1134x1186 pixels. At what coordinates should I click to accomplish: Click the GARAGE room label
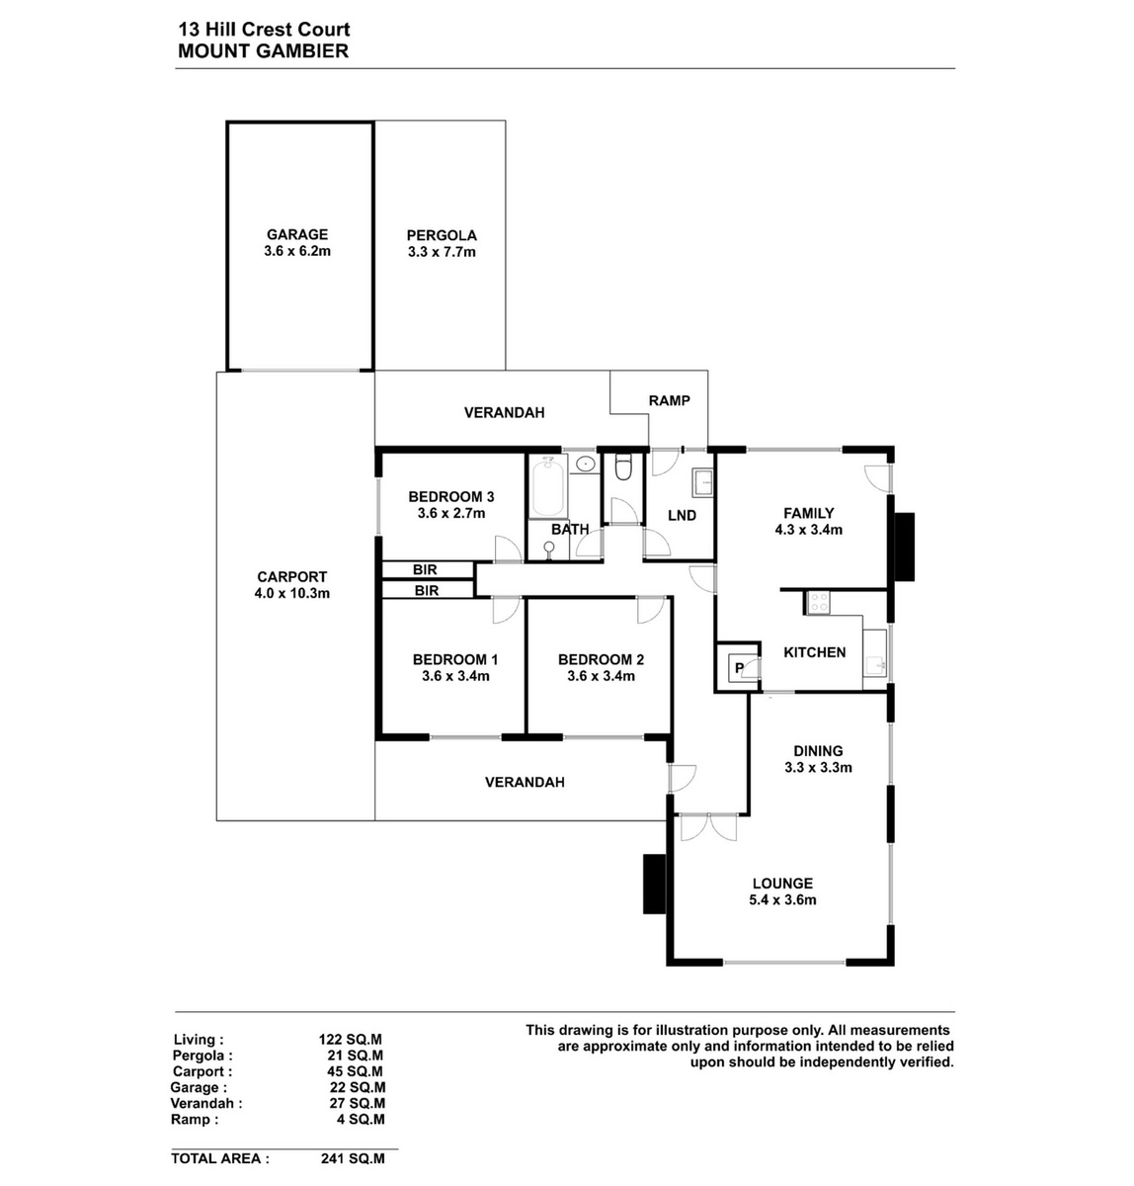(297, 234)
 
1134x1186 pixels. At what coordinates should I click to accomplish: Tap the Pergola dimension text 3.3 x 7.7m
(442, 252)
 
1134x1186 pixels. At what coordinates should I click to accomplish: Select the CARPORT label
(291, 576)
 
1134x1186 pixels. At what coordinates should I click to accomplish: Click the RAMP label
(669, 400)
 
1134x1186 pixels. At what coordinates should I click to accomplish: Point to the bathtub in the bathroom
(547, 488)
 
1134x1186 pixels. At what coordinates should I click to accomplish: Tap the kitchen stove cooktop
(817, 602)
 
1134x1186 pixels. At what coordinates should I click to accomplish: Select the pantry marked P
(739, 667)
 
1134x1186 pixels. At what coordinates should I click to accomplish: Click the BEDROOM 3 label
(451, 497)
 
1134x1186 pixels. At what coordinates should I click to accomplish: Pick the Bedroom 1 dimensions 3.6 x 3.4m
(455, 676)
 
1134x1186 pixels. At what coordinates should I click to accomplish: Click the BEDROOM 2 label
(601, 659)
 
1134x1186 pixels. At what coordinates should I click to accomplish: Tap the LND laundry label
(682, 516)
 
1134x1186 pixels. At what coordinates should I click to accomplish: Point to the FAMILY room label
(809, 513)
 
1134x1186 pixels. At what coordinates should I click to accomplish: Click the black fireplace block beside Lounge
(655, 884)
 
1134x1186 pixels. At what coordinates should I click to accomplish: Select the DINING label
(818, 751)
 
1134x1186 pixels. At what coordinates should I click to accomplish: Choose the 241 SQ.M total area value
(353, 1158)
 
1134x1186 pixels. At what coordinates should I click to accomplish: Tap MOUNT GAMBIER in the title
(263, 51)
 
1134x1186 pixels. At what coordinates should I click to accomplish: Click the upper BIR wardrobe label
(425, 569)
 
